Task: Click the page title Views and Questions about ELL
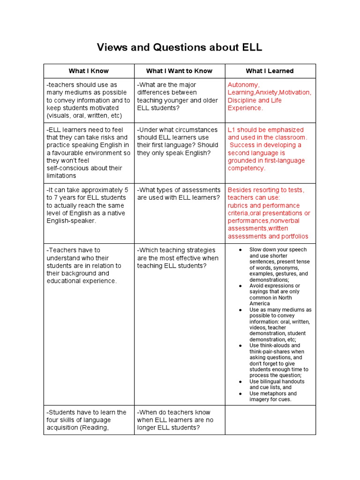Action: [180, 47]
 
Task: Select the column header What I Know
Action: [89, 71]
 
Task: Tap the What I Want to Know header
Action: [179, 71]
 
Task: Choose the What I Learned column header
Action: [270, 71]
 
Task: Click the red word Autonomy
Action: [243, 85]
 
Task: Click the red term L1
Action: [232, 130]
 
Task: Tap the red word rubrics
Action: [239, 205]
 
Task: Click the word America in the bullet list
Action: [260, 304]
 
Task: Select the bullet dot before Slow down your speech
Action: [240, 250]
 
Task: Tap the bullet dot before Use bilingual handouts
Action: [240, 382]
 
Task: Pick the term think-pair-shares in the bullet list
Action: [270, 352]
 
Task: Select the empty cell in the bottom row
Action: [270, 420]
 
